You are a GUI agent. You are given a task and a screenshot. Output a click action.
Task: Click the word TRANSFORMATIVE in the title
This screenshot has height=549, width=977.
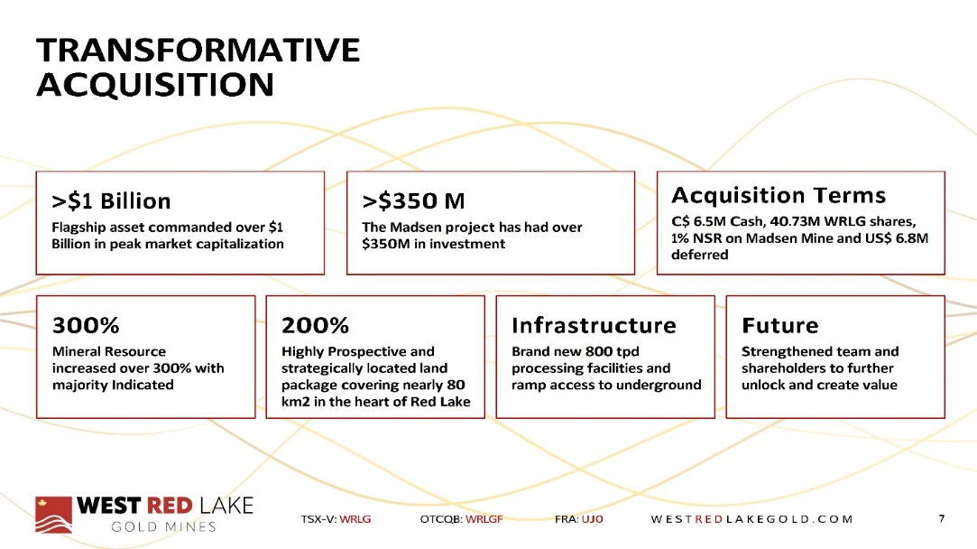point(198,50)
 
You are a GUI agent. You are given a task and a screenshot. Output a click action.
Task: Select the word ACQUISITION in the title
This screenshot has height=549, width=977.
point(155,85)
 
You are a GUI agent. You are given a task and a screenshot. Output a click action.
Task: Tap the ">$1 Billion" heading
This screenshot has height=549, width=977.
point(111,200)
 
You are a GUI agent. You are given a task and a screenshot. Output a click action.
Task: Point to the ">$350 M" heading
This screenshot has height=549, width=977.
point(413,200)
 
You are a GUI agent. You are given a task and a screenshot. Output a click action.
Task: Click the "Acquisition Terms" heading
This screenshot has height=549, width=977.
point(779,195)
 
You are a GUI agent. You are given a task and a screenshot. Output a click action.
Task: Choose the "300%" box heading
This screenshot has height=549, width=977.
point(86,325)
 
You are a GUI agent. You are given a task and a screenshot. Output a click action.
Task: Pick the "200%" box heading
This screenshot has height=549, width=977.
point(315,325)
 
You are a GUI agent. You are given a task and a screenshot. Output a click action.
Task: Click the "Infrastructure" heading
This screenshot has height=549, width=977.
point(594,325)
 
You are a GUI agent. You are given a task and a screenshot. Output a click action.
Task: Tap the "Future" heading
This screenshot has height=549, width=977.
point(780,325)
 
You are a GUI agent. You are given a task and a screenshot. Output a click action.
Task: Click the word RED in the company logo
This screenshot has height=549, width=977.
point(169,506)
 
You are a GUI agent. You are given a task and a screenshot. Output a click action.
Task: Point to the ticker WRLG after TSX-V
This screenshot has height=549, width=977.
point(355,519)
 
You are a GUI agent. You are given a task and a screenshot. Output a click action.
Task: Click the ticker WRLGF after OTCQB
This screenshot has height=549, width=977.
point(484,519)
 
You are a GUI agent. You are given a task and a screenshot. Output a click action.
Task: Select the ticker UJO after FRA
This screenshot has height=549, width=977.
point(593,519)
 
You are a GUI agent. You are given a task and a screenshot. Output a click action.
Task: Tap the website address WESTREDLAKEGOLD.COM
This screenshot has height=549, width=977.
point(751,519)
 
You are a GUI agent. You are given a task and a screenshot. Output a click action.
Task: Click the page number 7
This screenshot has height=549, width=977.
point(942,518)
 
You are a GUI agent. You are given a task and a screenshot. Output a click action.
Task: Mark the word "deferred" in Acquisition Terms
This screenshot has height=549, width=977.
point(700,255)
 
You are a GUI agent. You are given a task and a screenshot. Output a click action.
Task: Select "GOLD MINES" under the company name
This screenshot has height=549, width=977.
point(163,527)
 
